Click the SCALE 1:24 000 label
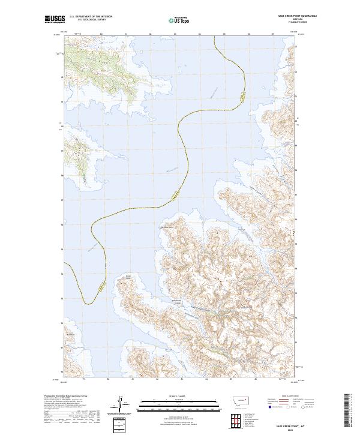(171, 397)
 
